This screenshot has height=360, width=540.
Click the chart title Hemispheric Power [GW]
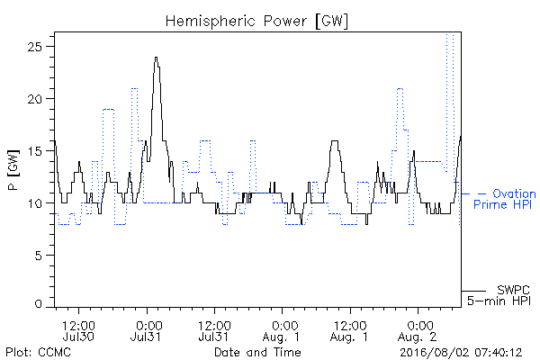[256, 21]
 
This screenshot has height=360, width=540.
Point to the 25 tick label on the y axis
[34, 47]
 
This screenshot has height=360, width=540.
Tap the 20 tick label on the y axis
[34, 99]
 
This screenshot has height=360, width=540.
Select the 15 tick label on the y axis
[34, 151]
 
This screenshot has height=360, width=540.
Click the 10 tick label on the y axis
[34, 203]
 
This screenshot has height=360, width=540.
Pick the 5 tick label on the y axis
[38, 256]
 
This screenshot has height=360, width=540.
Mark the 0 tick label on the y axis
[38, 304]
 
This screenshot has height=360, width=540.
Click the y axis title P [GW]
[13, 170]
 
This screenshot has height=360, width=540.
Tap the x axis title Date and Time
[257, 352]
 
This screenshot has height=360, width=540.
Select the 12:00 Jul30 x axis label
[78, 331]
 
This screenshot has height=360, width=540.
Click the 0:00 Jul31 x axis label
[146, 331]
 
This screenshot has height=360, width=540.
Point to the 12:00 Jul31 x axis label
[214, 331]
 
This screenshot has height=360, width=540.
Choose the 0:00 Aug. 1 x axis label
[282, 331]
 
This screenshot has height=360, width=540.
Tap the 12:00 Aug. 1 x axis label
[349, 331]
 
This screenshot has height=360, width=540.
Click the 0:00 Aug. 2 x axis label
[417, 331]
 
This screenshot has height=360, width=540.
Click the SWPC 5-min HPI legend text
[499, 295]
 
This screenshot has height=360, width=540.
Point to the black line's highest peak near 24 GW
[157, 58]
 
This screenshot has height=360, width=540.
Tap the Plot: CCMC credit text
[38, 353]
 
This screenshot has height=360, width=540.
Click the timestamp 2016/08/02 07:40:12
[461, 353]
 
